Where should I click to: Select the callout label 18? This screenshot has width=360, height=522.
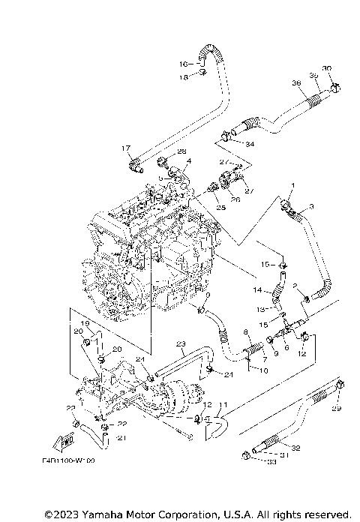[182, 76]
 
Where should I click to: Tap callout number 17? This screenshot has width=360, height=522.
[126, 148]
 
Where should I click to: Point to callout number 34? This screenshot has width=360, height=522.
[250, 143]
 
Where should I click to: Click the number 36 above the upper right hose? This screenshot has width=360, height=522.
[295, 82]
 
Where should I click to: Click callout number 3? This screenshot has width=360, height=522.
[310, 205]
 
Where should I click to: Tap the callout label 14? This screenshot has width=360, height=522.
[256, 289]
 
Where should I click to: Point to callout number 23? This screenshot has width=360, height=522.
[180, 345]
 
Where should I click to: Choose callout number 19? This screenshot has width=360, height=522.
[85, 323]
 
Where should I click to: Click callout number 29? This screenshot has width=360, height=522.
[335, 408]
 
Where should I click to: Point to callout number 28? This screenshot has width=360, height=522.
[181, 152]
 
